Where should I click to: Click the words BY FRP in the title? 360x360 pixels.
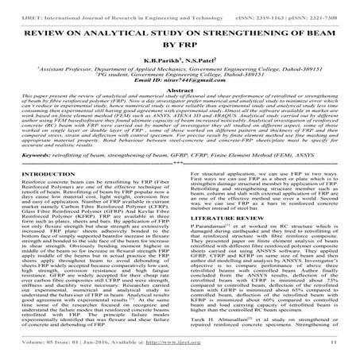coord(180,36)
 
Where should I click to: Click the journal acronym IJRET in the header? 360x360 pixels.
coord(14,6)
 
